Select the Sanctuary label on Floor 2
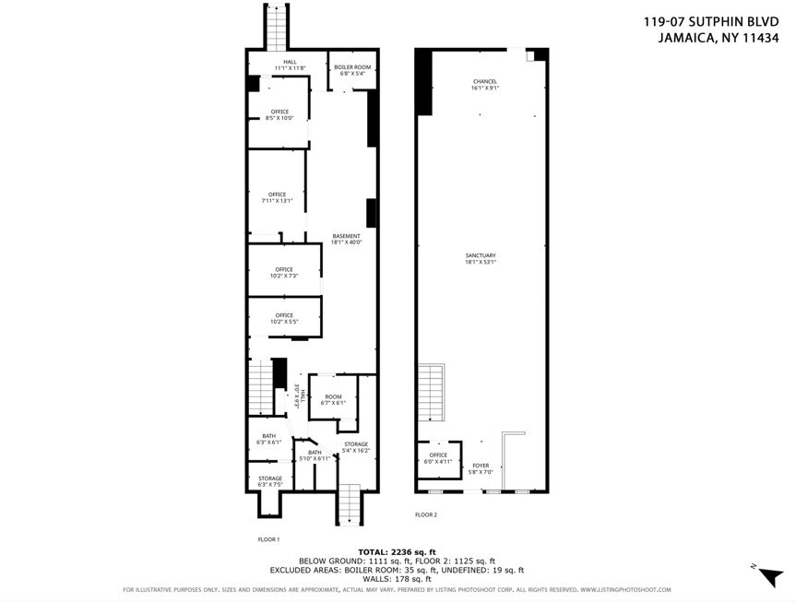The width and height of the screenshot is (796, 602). [481, 258]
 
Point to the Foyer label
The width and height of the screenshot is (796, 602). [481, 468]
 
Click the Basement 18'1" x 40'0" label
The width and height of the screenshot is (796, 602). [347, 240]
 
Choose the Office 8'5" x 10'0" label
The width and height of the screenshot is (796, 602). [279, 114]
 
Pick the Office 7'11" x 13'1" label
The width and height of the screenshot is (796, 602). [279, 197]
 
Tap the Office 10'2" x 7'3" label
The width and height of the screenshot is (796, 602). [283, 273]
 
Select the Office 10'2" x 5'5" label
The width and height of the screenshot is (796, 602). [283, 319]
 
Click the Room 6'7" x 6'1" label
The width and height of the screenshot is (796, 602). [333, 400]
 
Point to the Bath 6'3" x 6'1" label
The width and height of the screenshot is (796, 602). [268, 440]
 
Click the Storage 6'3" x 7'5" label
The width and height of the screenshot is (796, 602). [269, 481]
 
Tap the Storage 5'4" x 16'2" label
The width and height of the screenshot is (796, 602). [356, 447]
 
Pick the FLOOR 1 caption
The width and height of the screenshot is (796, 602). [268, 538]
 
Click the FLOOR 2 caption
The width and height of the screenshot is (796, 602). [426, 514]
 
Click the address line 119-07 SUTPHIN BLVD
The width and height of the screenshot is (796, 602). [717, 21]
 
